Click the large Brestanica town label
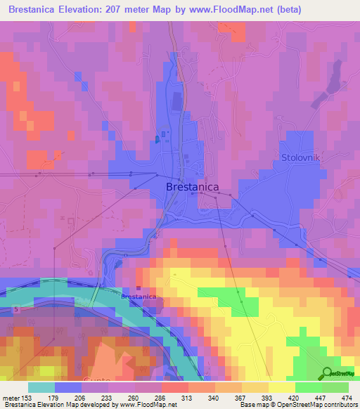click(x=192, y=187)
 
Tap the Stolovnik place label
click(x=300, y=157)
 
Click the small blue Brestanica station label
click(x=138, y=297)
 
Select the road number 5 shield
click(x=15, y=309)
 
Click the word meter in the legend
click(x=10, y=397)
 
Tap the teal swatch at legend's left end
click(x=41, y=387)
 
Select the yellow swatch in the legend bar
click(x=281, y=387)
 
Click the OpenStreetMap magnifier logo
click(x=328, y=373)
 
